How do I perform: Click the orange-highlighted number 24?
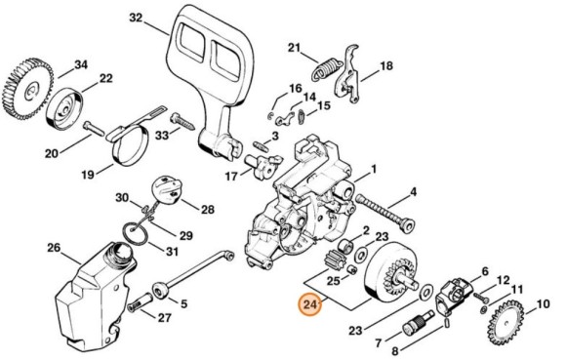[x=311, y=306]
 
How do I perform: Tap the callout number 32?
[x=136, y=19]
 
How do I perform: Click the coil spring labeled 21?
[x=326, y=68]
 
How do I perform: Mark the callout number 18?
[x=386, y=66]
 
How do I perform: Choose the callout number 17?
[x=231, y=177]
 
